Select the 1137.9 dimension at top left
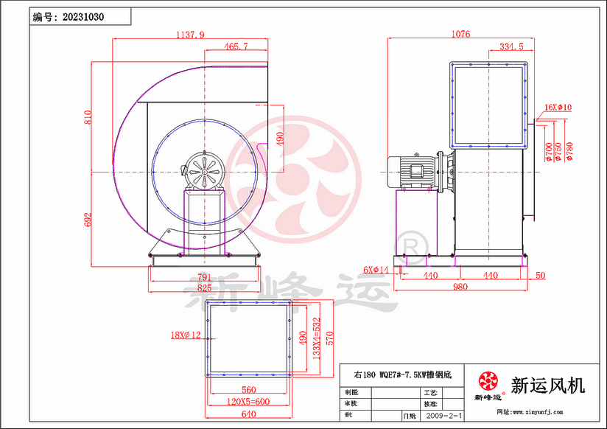(x=190, y=34)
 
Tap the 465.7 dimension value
(x=236, y=46)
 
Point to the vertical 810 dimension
(x=88, y=118)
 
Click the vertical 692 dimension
(x=88, y=219)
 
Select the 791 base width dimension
(x=203, y=276)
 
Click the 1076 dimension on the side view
(x=460, y=34)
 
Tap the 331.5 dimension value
(x=510, y=46)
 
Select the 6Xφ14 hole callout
(x=375, y=270)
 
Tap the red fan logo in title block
(x=488, y=381)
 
